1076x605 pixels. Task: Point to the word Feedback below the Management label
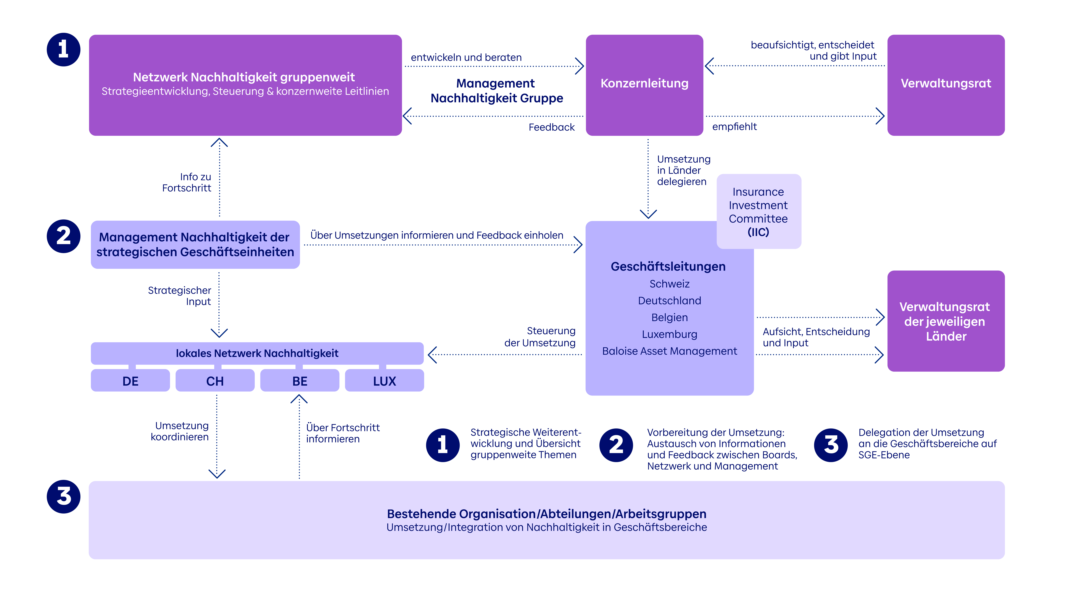[551, 127]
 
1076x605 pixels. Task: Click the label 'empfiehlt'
[734, 127]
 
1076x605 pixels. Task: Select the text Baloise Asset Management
[670, 351]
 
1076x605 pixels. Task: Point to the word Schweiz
[670, 284]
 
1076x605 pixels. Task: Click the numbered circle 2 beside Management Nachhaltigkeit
[63, 236]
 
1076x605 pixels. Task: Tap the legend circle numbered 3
[831, 445]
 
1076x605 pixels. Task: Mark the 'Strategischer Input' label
[180, 296]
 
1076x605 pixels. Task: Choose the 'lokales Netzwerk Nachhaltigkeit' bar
[257, 353]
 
